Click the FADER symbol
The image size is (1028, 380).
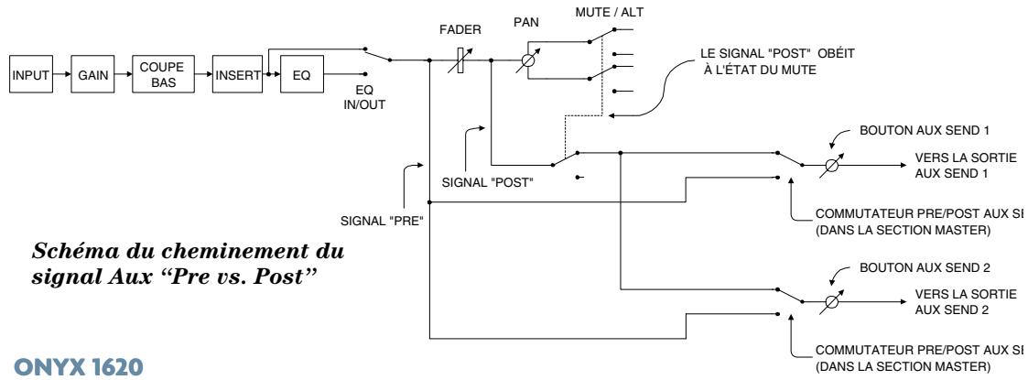(x=461, y=62)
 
